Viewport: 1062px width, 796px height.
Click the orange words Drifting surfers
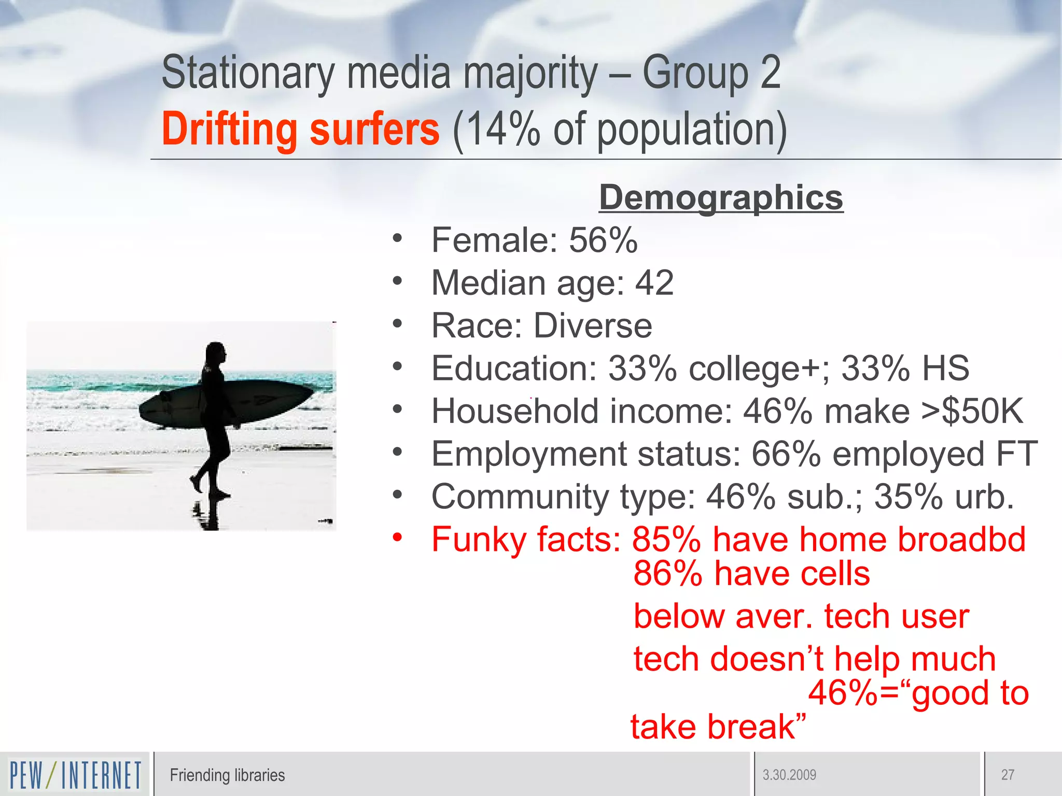(x=300, y=129)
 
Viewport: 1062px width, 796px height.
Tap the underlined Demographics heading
(x=721, y=197)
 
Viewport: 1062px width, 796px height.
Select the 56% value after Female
(x=603, y=240)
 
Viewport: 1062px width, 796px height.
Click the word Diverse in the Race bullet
(x=593, y=326)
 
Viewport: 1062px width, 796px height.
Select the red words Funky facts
(x=526, y=539)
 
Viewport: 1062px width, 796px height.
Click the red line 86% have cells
(x=751, y=574)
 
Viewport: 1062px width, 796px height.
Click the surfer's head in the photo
(x=215, y=354)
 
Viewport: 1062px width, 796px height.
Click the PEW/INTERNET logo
(x=75, y=775)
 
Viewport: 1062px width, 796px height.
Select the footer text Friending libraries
(x=227, y=775)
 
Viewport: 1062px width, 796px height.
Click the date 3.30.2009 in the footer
(x=789, y=775)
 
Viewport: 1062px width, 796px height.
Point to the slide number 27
(x=1008, y=775)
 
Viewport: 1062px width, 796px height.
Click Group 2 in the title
(x=711, y=73)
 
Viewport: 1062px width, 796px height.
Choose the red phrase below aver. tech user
(x=801, y=617)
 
